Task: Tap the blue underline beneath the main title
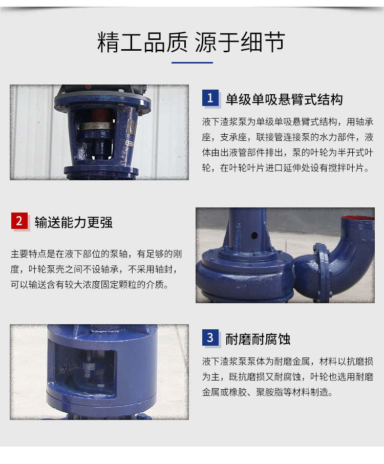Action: coord(193,62)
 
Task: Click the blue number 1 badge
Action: coord(210,98)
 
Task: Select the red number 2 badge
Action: coord(19,221)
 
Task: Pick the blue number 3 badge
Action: coord(210,338)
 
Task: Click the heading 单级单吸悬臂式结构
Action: coord(284,99)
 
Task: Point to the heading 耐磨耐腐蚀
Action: coord(258,339)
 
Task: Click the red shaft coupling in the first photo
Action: coord(101,115)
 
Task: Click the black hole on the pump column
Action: coord(254,236)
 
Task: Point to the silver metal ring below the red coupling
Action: coord(97,126)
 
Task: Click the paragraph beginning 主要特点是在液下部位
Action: coord(96,269)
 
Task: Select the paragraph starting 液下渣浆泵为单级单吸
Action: coord(288,145)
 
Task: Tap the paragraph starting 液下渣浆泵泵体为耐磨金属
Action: coord(288,377)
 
